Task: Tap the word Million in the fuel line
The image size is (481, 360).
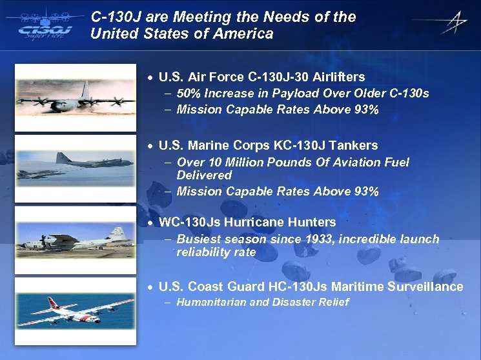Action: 251,163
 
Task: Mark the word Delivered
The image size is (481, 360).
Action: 204,175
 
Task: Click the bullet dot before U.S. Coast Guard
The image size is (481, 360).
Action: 150,287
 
